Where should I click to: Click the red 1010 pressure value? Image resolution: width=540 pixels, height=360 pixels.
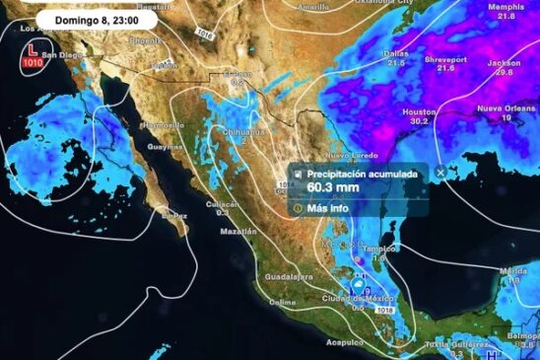click(x=34, y=63)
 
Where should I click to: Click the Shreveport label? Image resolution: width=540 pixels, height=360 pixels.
click(x=445, y=57)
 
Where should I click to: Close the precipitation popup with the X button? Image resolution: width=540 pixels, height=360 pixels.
click(x=441, y=172)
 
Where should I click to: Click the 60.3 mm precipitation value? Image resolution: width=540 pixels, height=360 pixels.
click(x=333, y=186)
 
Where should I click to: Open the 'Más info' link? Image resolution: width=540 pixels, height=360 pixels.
click(x=329, y=208)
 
